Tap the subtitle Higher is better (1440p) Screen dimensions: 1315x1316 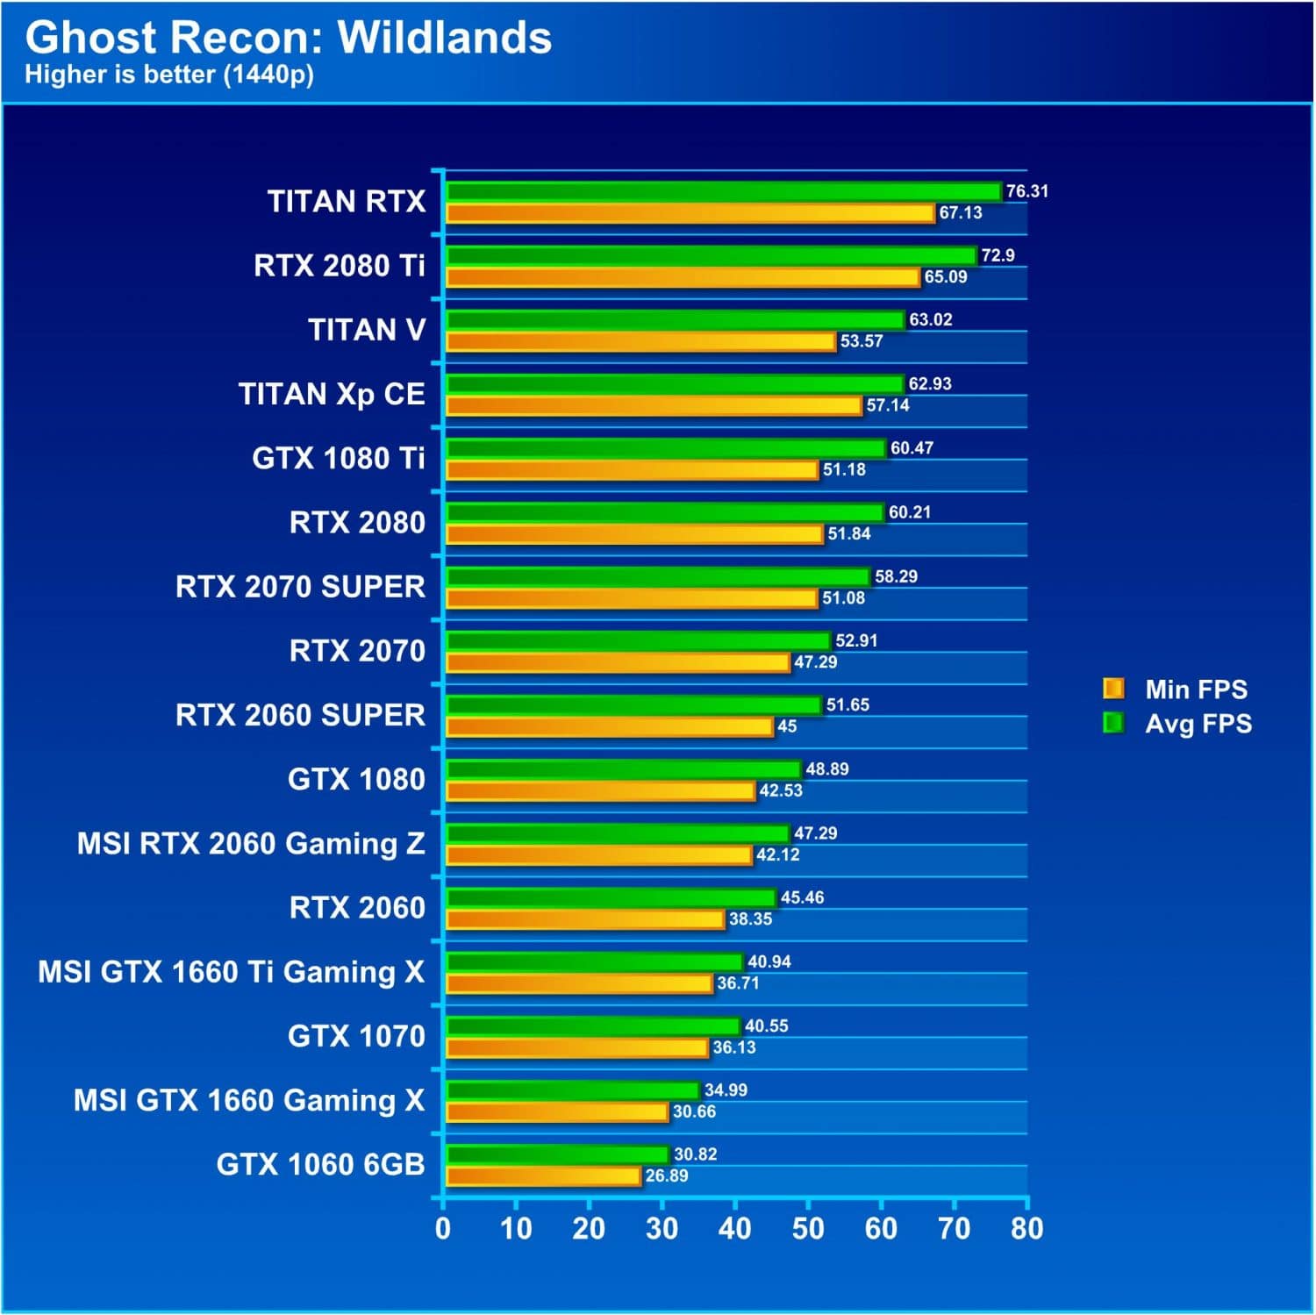coord(169,75)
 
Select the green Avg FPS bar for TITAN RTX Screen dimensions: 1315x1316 coord(723,191)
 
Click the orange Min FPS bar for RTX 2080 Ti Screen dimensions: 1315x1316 coord(683,277)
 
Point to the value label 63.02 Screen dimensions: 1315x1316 coord(930,319)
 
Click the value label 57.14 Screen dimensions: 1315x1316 coord(887,405)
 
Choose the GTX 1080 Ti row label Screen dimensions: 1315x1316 coord(338,458)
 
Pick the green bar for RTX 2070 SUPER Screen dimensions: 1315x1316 coord(658,576)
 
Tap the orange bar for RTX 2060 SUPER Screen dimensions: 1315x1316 coord(610,726)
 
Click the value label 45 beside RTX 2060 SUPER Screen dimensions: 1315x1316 coord(787,726)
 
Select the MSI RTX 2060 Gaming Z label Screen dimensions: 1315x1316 coord(251,843)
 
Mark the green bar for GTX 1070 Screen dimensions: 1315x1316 coord(593,1026)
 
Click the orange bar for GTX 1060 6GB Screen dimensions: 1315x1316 coord(543,1176)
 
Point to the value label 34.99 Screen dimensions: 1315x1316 coord(726,1090)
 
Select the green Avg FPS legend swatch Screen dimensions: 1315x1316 coord(1113,723)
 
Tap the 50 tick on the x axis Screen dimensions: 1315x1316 coord(808,1229)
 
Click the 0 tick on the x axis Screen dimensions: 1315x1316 coord(443,1229)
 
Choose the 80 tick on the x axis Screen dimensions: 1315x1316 coord(1026,1229)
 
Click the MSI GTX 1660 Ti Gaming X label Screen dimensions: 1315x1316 coord(231,972)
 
